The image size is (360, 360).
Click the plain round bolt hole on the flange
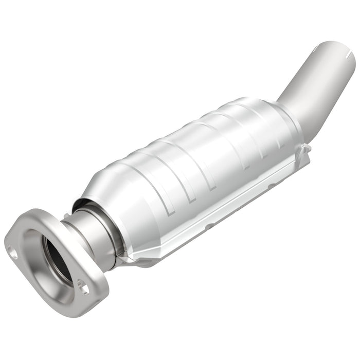pyautogui.click(x=13, y=253)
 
